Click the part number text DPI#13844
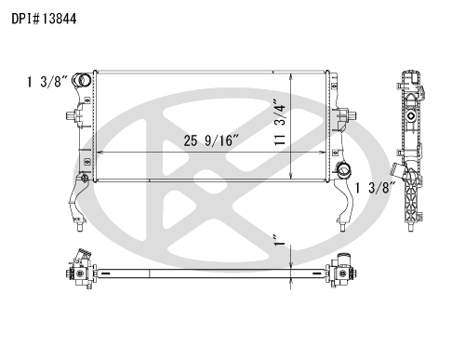click(44, 19)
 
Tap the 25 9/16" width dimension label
click(211, 140)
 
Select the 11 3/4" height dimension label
click(280, 122)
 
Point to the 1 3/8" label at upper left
click(47, 82)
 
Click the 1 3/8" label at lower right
click(376, 188)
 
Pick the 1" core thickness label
click(280, 240)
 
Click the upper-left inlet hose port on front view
click(82, 81)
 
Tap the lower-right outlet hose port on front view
click(343, 170)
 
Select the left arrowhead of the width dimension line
click(100, 153)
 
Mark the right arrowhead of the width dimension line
click(323, 153)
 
